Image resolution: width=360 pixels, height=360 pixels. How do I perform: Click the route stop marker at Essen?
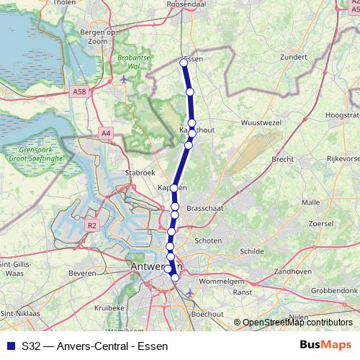[184, 63]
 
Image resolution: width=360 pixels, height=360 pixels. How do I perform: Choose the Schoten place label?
[209, 241]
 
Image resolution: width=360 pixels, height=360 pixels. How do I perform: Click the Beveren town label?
[83, 274]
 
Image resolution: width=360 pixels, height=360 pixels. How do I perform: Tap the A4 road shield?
[107, 132]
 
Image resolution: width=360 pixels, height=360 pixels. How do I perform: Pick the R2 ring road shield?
[91, 225]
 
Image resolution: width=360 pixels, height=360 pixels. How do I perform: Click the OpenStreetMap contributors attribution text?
[297, 323]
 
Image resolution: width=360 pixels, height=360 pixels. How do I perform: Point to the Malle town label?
[310, 203]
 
